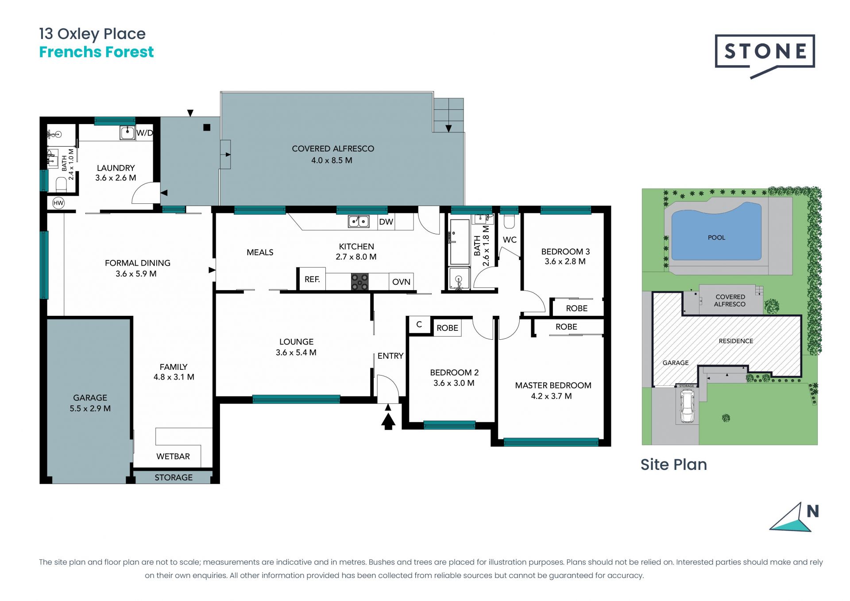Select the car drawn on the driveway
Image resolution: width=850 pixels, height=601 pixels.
687,407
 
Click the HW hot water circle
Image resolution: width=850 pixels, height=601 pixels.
58,203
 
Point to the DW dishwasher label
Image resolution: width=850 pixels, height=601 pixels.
386,221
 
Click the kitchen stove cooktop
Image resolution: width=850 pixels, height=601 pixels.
359,282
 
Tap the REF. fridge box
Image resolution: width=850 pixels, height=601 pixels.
312,279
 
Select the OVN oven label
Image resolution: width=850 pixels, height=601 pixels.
401,282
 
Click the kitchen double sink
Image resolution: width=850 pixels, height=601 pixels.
359,221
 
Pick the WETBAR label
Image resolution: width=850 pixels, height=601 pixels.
173,456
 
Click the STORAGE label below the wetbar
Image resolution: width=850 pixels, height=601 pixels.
174,477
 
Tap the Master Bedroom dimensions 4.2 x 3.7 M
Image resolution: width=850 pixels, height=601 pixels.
552,396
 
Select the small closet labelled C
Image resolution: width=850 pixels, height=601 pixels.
419,325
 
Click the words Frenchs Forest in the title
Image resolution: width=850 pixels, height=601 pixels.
97,52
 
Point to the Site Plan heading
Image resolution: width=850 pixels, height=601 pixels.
674,464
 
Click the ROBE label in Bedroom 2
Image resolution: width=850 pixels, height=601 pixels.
447,328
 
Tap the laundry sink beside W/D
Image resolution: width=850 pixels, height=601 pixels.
127,132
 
